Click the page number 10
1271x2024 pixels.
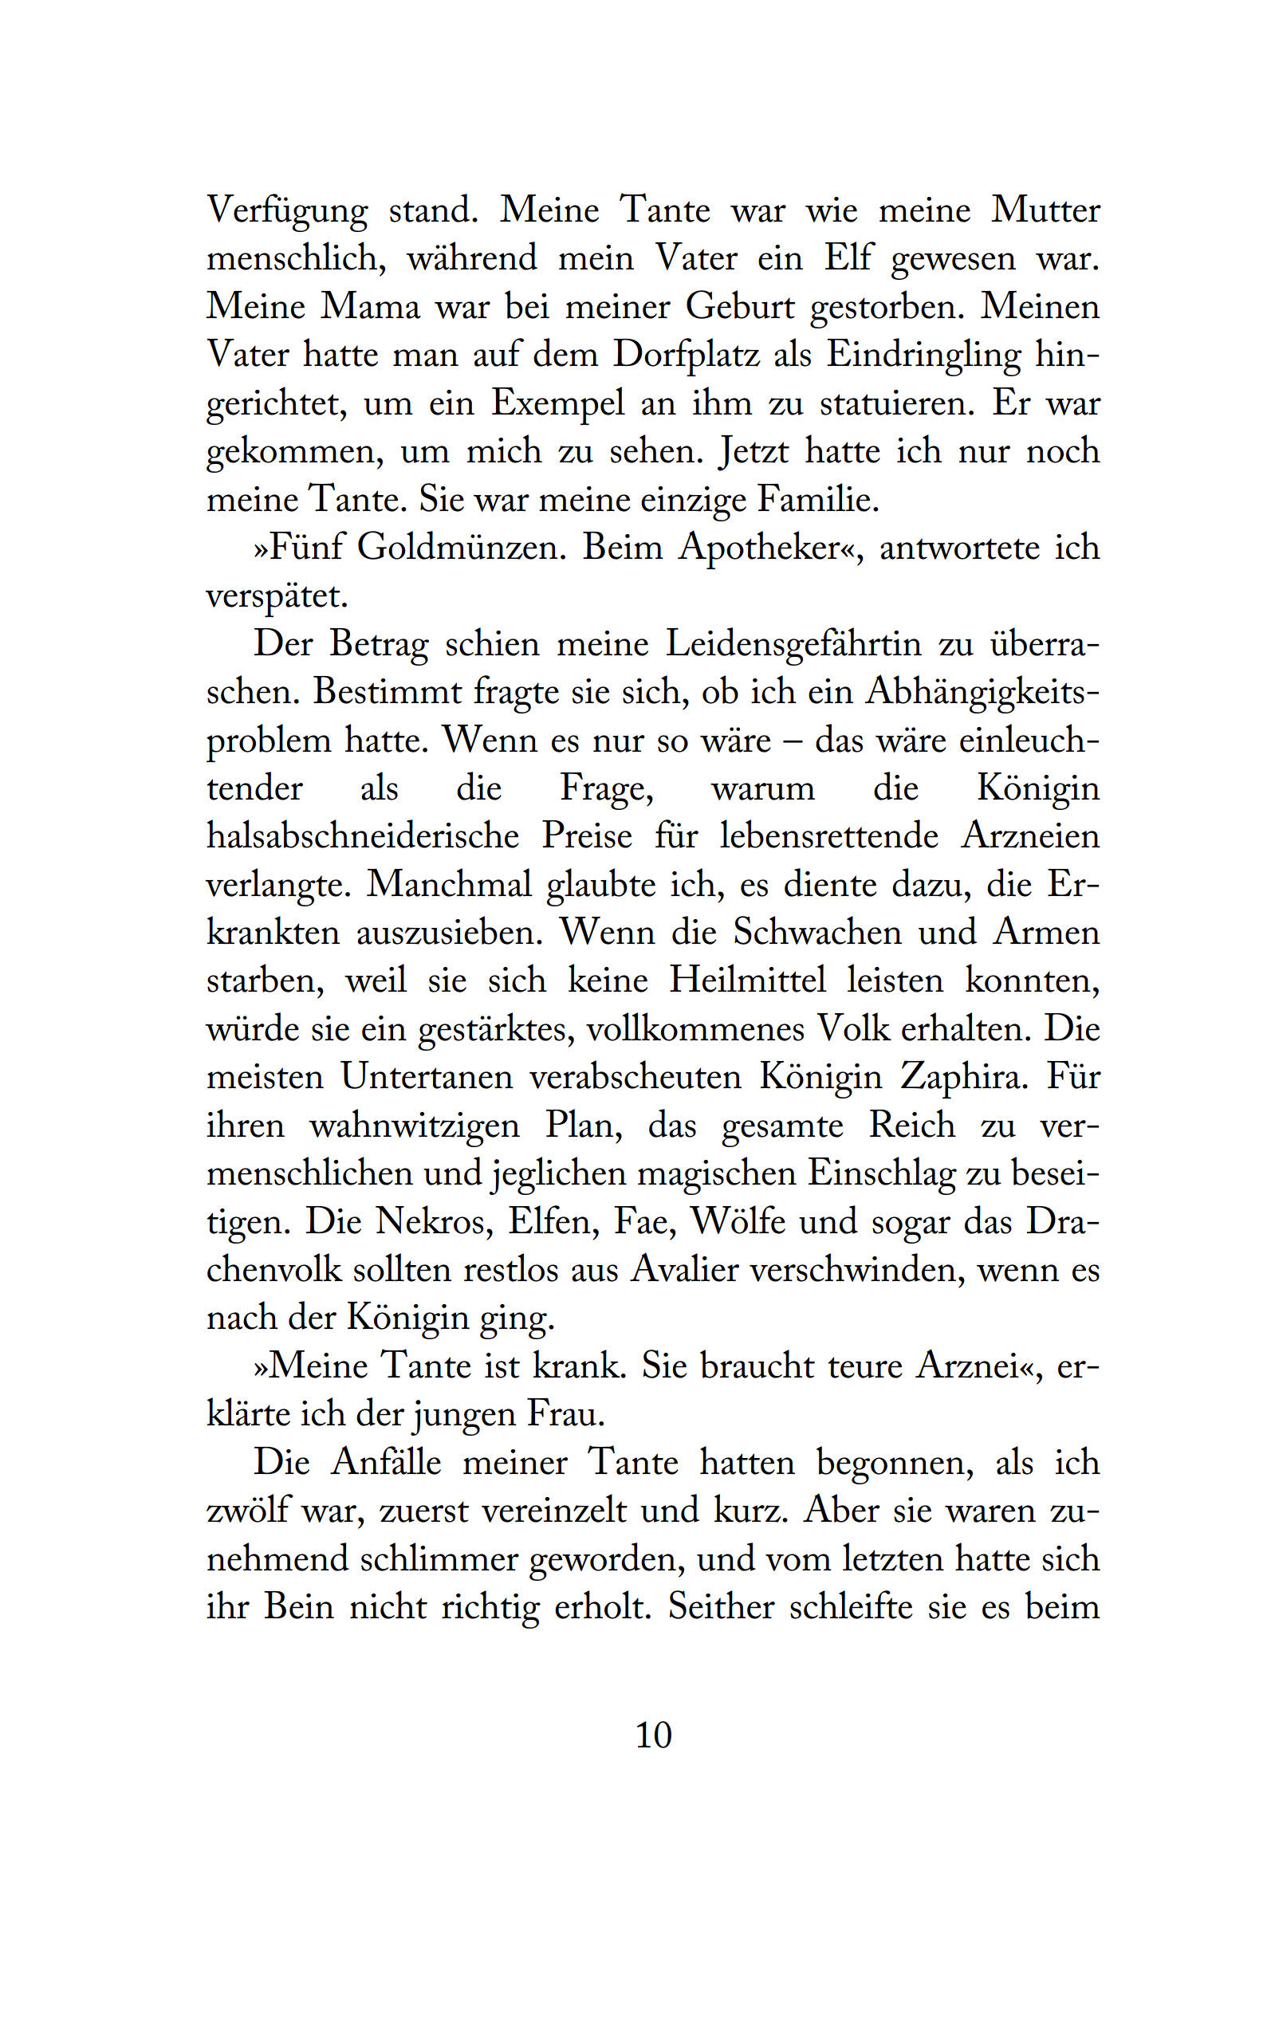point(653,1735)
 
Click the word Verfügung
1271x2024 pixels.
point(286,210)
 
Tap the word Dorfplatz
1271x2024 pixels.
point(686,355)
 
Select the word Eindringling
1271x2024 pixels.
point(923,355)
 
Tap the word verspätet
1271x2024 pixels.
point(277,596)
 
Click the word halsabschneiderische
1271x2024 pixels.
point(363,836)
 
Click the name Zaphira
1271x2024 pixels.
point(963,1077)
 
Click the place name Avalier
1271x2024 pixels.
point(685,1270)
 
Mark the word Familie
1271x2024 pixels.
point(818,500)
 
